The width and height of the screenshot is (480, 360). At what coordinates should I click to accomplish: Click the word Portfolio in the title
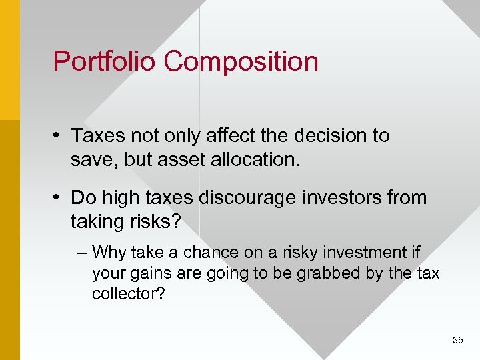(105, 61)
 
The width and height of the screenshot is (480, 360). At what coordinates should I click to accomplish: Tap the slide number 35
(457, 340)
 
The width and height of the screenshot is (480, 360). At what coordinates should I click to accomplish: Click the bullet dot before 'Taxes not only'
(58, 136)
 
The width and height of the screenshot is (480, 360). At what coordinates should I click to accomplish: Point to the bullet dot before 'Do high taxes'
(58, 198)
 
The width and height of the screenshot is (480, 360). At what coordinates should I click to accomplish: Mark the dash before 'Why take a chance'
(82, 253)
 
